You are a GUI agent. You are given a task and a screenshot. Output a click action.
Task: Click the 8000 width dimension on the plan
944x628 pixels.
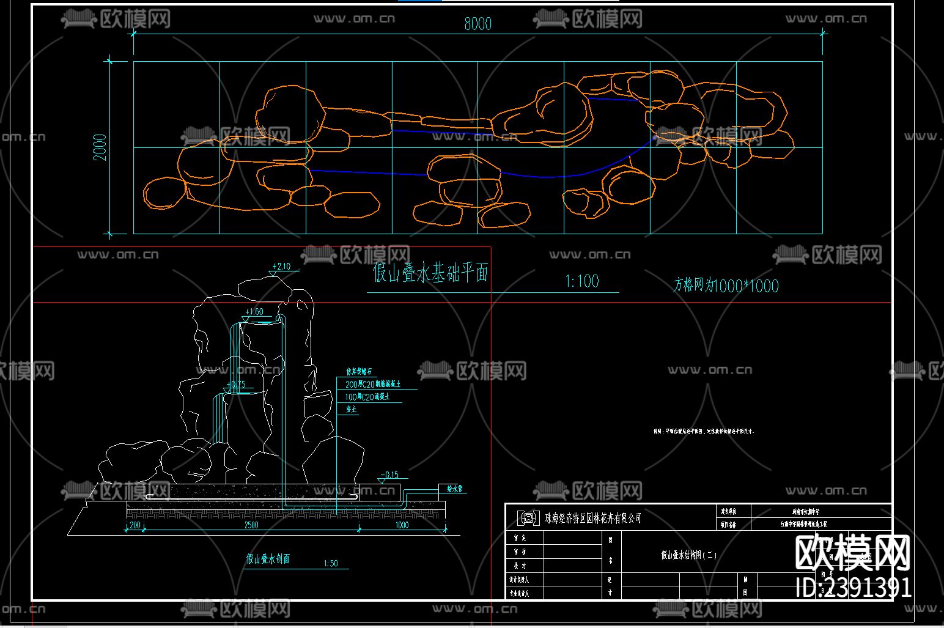pos(478,24)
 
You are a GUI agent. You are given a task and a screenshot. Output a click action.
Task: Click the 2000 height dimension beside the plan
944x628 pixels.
pos(100,147)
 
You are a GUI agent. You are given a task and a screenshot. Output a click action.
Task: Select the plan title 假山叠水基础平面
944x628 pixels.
pos(430,273)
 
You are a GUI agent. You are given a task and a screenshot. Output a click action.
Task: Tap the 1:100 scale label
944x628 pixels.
pos(581,281)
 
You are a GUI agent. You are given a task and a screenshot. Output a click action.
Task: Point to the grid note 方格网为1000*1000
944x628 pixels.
pos(726,286)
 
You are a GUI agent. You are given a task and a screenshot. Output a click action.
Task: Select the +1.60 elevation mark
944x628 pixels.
pos(254,312)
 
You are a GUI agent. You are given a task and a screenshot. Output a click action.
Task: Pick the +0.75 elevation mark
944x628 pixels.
pos(235,385)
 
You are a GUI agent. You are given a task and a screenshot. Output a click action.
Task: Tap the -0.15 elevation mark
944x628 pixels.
pos(389,475)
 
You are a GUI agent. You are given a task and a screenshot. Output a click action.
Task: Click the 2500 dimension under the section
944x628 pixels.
pos(251,525)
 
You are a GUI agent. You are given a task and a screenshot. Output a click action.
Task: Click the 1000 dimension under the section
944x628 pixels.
pos(402,525)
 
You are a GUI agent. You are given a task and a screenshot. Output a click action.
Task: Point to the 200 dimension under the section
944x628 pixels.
pos(135,525)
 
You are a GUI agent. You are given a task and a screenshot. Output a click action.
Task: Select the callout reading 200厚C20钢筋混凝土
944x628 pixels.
pos(373,384)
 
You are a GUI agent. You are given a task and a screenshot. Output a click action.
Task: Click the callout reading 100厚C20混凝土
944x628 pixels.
pos(367,397)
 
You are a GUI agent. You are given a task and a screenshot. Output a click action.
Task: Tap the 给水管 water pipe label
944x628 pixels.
pos(455,489)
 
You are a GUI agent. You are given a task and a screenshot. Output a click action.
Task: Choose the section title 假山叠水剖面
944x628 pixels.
pos(268,558)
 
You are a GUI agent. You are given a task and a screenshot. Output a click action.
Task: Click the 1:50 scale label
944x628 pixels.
pos(330,563)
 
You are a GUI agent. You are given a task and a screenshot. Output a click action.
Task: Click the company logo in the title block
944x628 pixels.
pos(527,518)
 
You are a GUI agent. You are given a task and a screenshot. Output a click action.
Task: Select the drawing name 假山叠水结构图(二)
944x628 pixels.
pos(689,555)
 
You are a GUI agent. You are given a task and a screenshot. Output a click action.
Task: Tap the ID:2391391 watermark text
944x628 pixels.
pos(854,588)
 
